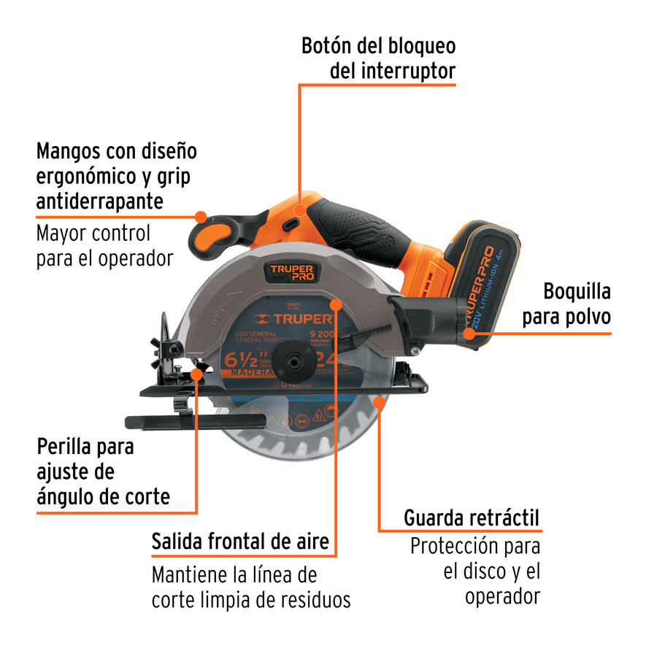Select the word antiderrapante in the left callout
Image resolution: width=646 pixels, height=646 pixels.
pos(99,200)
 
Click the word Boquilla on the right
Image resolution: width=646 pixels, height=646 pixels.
pos(577,291)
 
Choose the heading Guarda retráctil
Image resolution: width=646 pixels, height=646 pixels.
pos(472,519)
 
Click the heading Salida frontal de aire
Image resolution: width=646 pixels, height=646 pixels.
pos(239,542)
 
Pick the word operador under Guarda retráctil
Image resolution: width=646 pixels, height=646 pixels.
pos(502,596)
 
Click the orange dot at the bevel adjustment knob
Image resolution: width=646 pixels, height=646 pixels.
pos(196,374)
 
